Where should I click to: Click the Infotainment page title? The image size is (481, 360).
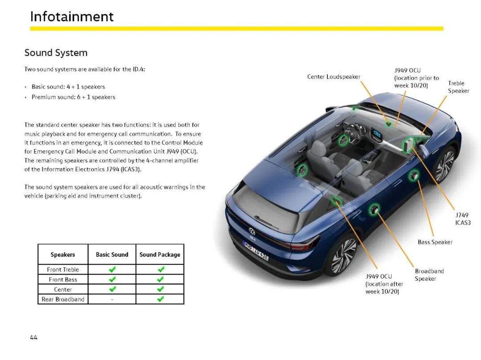[72, 16]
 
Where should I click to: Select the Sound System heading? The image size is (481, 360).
[56, 53]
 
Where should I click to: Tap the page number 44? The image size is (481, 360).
[34, 337]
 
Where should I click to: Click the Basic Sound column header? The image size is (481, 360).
[112, 255]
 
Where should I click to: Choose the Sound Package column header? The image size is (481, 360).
[160, 255]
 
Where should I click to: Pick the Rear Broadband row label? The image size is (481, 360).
[63, 299]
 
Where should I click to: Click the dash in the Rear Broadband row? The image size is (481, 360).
[112, 299]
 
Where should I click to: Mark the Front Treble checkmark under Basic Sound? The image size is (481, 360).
[112, 269]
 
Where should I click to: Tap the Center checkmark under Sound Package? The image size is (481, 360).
[160, 289]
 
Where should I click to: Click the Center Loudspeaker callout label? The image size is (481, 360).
[334, 77]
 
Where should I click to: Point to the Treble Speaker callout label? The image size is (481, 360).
[458, 87]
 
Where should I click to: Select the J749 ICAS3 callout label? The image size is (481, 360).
[463, 219]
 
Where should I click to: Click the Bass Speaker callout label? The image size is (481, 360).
[435, 242]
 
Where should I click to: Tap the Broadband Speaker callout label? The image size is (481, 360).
[429, 275]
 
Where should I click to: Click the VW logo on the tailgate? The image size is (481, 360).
[252, 231]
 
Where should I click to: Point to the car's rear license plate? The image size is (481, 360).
[256, 250]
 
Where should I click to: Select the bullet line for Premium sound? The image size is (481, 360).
[73, 97]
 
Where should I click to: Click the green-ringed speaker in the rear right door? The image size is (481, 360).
[374, 210]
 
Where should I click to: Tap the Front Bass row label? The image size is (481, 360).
[63, 279]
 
